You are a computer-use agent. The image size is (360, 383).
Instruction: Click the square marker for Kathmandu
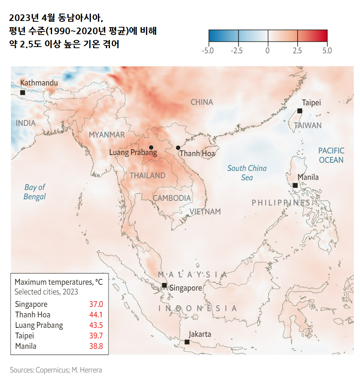point(23,92)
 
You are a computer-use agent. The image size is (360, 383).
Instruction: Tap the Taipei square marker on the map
point(299,111)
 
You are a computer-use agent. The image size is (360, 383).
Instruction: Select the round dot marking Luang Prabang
point(151,147)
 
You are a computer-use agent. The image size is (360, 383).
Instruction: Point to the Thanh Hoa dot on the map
point(178,148)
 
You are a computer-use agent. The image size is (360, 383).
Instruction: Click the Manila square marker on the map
point(295,185)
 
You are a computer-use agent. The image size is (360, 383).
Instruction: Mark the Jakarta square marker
point(187,342)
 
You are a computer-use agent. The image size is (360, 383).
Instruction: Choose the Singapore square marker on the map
point(164,286)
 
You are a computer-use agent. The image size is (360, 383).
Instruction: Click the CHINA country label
point(202,102)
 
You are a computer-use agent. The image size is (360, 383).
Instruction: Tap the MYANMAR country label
point(107,135)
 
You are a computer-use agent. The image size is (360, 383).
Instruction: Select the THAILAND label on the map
point(148,176)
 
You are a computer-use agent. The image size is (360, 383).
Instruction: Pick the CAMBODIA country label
point(172,198)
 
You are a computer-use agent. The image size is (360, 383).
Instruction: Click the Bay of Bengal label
point(35,192)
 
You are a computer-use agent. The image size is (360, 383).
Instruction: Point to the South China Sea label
point(247,173)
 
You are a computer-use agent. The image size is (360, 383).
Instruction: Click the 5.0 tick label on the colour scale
point(327,50)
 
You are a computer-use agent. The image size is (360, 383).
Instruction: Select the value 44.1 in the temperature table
point(96,315)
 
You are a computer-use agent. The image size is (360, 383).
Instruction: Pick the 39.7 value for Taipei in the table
point(96,336)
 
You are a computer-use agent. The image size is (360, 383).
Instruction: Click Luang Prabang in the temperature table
point(39,325)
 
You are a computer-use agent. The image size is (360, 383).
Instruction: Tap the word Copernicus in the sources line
point(52,370)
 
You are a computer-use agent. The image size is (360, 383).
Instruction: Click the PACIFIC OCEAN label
point(331,155)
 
